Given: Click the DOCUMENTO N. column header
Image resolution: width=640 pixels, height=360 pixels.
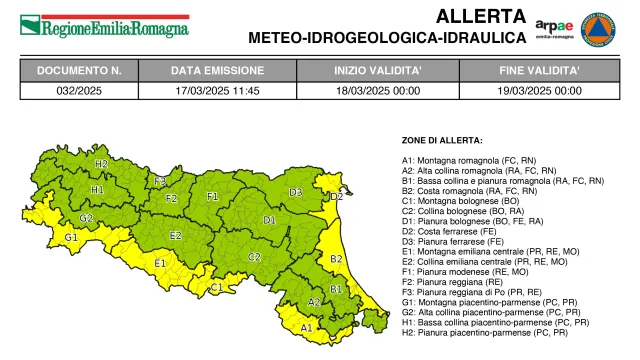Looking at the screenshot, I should pos(79,71).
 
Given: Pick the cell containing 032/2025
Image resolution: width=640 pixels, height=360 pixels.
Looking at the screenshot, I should pos(79,89).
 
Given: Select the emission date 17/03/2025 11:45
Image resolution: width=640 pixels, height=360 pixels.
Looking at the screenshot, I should pos(217,89).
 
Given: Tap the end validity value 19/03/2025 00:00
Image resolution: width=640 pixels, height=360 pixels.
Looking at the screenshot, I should pos(540,89).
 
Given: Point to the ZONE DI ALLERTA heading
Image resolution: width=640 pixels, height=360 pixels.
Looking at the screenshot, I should pos(442,140).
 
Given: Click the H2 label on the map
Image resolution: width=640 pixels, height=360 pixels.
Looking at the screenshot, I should pos(101,163).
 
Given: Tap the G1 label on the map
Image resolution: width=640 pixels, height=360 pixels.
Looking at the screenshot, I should pos(71,237).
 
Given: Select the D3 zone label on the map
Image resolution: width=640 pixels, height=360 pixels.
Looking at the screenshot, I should pos(296,192).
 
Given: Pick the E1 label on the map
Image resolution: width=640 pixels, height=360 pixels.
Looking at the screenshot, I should pos(160,263).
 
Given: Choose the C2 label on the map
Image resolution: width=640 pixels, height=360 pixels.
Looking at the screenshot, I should pos(254,257).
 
